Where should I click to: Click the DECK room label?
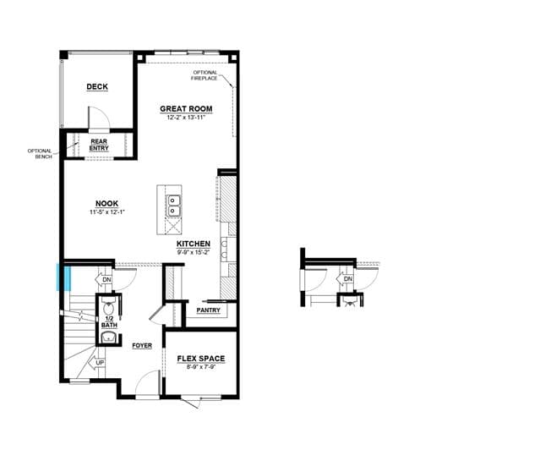point(97,87)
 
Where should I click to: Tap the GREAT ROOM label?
point(186,109)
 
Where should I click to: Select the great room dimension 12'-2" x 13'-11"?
point(186,118)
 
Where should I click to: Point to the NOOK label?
point(106,204)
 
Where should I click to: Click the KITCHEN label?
point(194,244)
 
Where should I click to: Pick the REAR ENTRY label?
point(99,145)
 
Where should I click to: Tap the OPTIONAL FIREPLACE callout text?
point(205,75)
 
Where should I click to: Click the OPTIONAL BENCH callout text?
point(40,154)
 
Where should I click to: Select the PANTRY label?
point(209,310)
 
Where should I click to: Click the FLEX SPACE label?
point(201,359)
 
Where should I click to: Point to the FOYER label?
point(142,345)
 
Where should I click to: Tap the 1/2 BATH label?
point(109,322)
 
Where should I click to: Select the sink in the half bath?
point(109,337)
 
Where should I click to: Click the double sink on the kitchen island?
point(174,206)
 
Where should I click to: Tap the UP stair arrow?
point(97,363)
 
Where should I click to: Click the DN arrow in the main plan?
point(104,279)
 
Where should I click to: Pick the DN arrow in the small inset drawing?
point(345,278)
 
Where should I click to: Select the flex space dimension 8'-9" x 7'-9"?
point(201,367)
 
